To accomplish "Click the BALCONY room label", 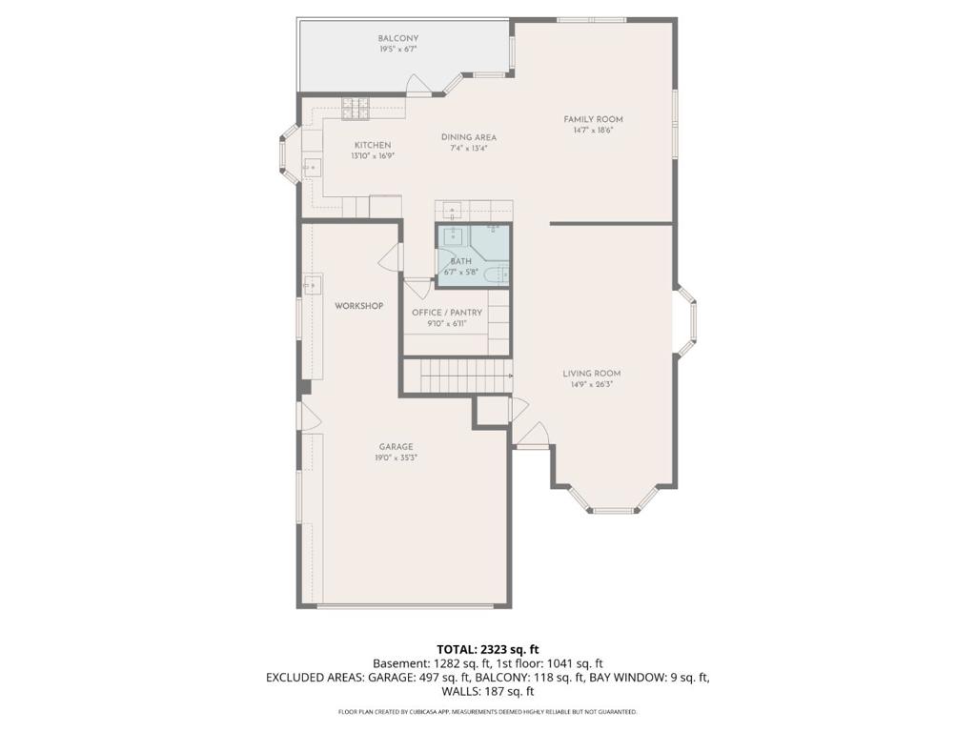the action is [x=398, y=38].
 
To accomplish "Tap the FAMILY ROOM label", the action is [x=593, y=119].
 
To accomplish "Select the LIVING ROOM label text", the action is [x=591, y=374].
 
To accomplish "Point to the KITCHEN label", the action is [x=373, y=145].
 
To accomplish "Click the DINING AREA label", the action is [x=469, y=137].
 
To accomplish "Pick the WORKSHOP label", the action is [x=359, y=306].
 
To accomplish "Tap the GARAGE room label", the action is [x=396, y=447].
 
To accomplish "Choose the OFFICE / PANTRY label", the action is [x=447, y=313].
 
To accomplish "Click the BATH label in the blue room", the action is [x=460, y=261].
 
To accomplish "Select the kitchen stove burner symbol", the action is [x=356, y=109].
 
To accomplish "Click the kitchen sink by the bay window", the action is [x=312, y=167].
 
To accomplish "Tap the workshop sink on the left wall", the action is [x=313, y=285].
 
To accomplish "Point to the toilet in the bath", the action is [x=497, y=274].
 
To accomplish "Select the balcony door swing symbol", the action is [x=418, y=85].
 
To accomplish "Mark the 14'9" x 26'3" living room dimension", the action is [x=591, y=385].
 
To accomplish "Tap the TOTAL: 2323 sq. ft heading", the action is [x=487, y=650].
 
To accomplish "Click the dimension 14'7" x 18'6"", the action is [x=593, y=131].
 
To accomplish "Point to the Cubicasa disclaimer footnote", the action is [x=487, y=711].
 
